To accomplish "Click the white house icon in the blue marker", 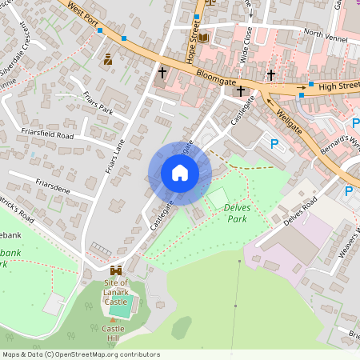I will coord(179,173).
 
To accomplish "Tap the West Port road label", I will coord(82,13).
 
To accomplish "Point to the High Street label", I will coord(337,85).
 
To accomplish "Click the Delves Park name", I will coord(239,212).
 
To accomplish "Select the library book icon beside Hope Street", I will coord(203,38).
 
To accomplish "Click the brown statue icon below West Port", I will coord(108,59).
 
